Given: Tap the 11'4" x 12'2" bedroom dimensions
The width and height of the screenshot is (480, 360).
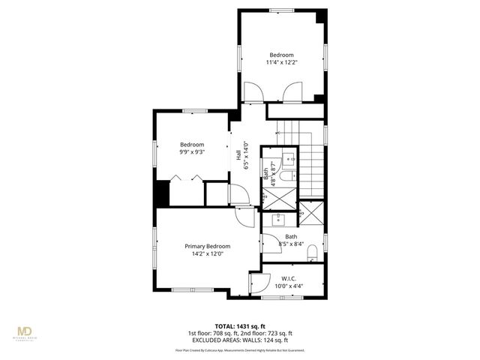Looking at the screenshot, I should click(281, 62).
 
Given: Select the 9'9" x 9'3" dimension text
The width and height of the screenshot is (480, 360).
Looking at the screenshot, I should click(192, 151).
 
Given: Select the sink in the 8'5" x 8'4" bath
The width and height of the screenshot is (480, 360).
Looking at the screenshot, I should click(278, 218).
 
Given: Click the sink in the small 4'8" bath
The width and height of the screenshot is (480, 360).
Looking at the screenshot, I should click(286, 160).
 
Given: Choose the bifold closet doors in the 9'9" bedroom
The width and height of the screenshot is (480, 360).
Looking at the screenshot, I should click(185, 178).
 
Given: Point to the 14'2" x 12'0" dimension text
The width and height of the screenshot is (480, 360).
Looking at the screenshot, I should click(208, 254).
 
